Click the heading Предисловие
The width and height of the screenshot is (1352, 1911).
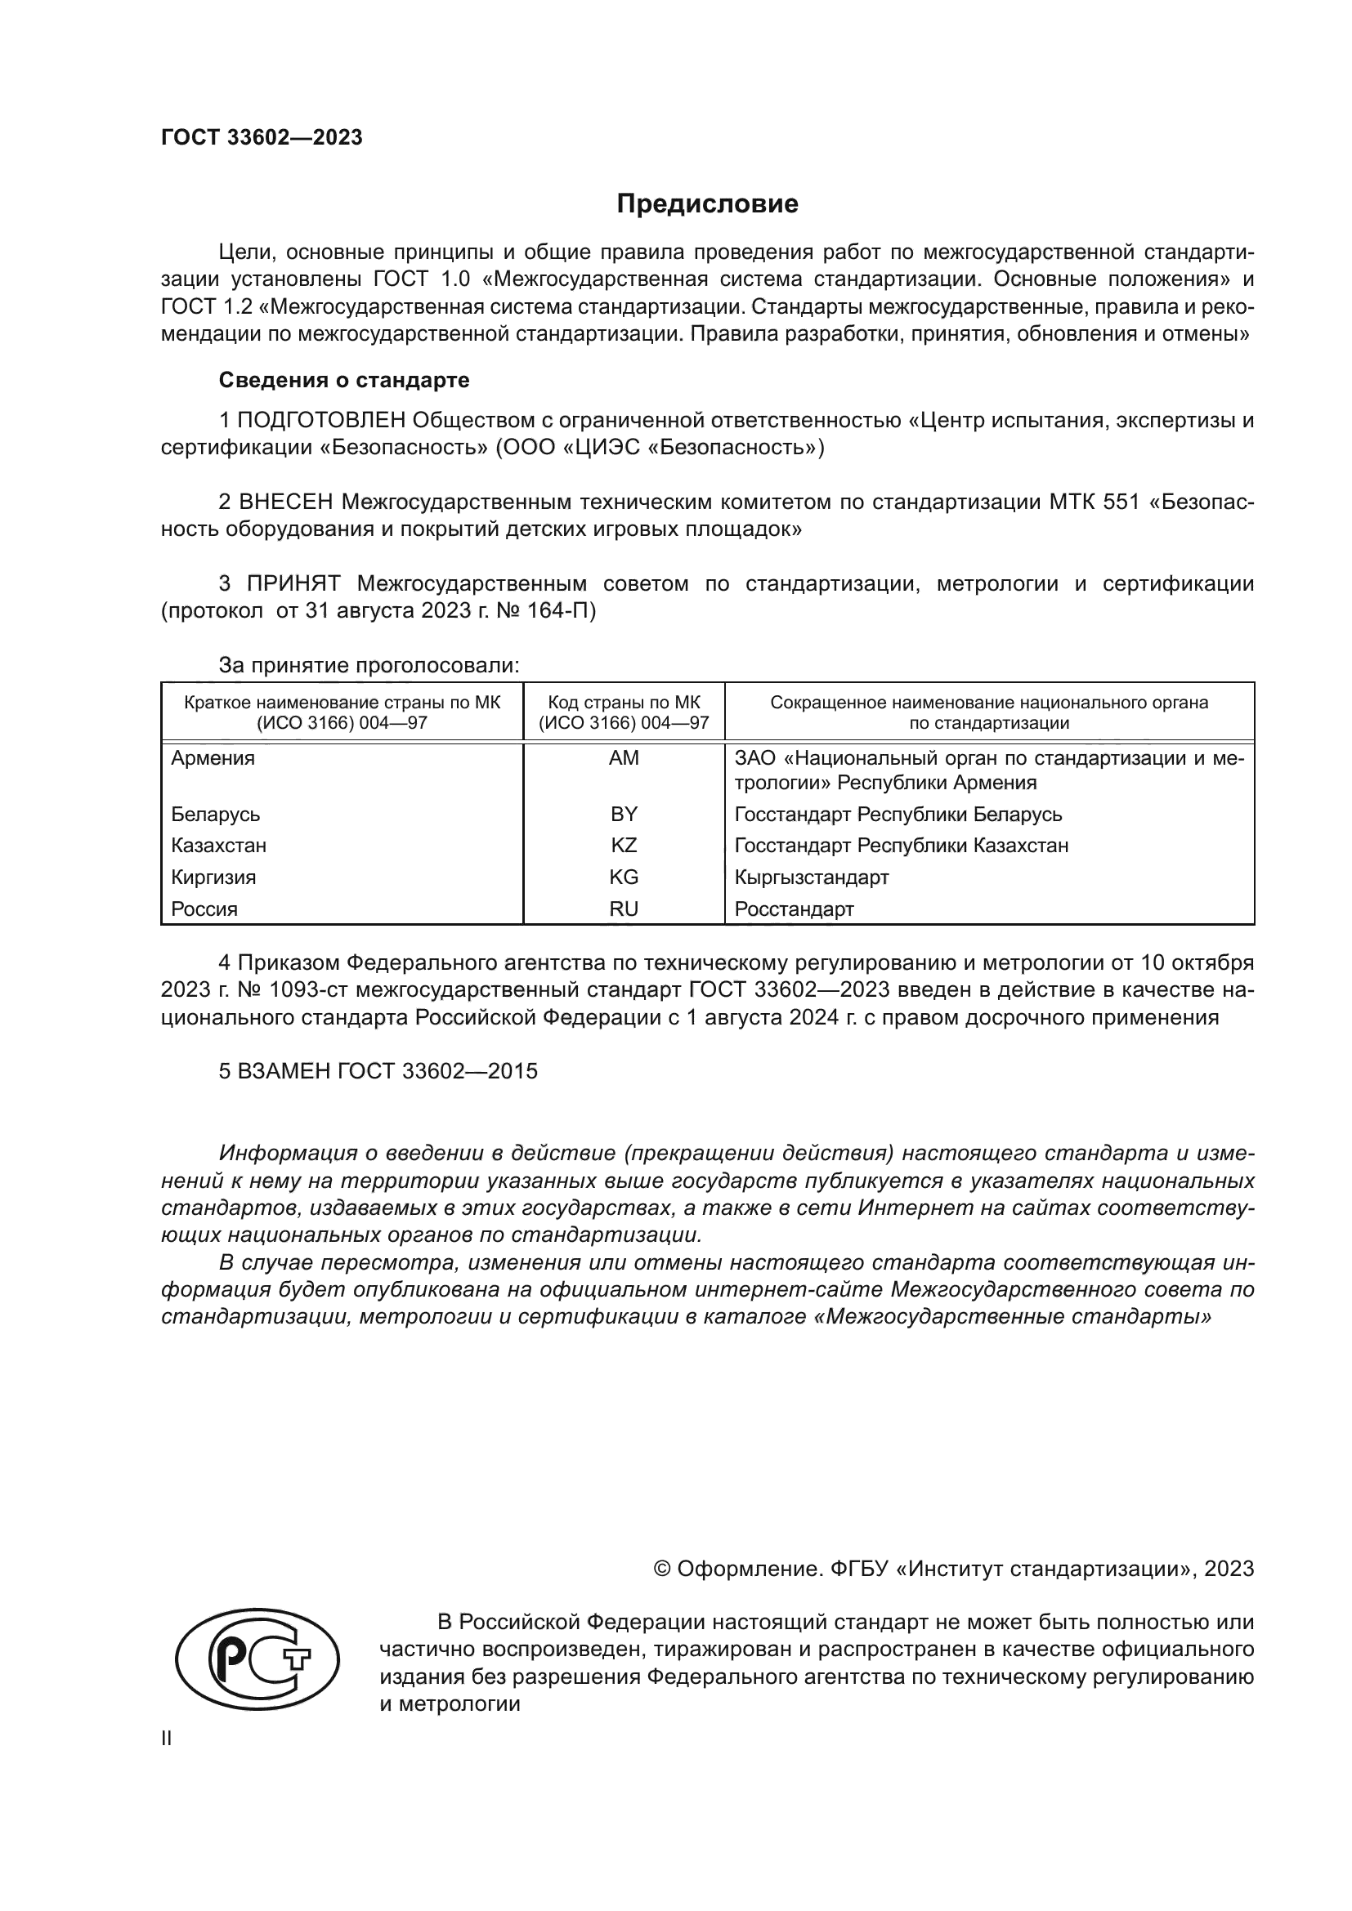coord(707,204)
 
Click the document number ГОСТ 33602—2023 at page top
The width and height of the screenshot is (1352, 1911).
coord(262,137)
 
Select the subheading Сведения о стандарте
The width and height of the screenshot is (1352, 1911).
coord(344,381)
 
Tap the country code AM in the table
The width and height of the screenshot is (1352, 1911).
coord(624,757)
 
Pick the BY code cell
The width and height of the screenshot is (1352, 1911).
coord(624,814)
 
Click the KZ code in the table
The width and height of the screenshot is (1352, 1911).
coord(624,846)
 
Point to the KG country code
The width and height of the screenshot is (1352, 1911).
coord(624,877)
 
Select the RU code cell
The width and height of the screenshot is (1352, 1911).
coord(624,909)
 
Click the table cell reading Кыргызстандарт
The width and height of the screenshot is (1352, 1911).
coord(812,877)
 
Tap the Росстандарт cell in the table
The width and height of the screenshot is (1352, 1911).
coord(795,909)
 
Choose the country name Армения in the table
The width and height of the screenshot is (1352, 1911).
coord(213,757)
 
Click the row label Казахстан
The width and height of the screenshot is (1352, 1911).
coord(219,846)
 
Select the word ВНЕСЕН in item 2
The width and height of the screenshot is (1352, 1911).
coord(285,502)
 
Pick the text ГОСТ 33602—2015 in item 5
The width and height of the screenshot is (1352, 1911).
coord(437,1071)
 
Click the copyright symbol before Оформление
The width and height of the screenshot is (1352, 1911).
coord(663,1569)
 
